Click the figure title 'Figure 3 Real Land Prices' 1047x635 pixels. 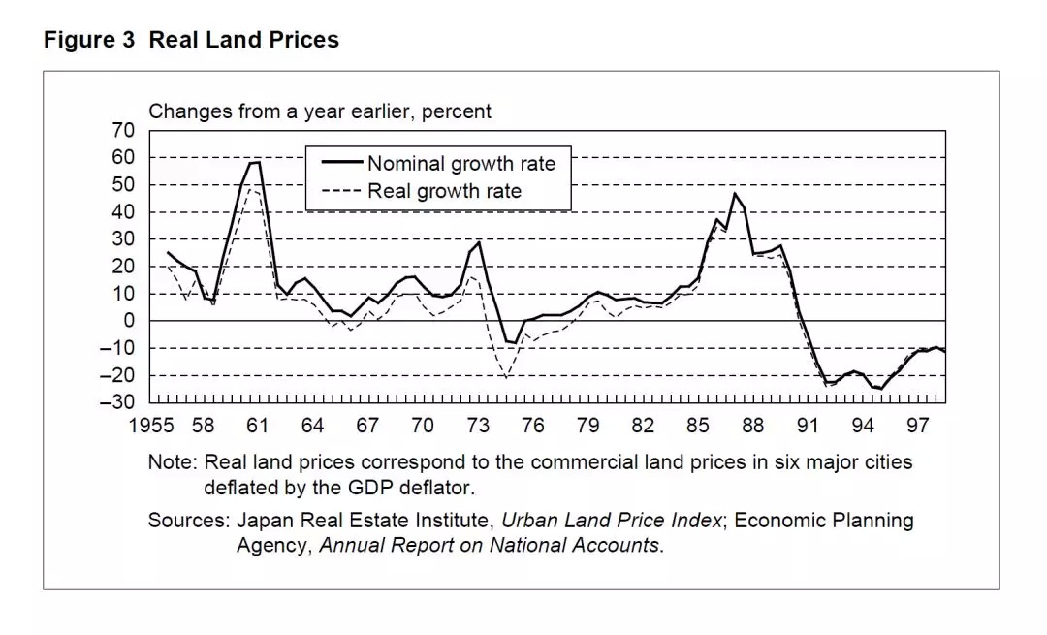point(191,41)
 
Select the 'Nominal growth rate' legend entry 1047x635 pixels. point(460,164)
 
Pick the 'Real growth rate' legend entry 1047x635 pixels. point(443,191)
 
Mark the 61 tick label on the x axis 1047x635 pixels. point(257,426)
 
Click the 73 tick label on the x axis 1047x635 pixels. point(477,426)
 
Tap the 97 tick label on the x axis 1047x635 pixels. point(917,426)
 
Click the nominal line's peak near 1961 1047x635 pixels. point(255,162)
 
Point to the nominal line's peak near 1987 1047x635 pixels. point(734,194)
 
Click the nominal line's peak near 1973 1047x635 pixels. point(479,242)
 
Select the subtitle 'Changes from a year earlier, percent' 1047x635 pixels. point(319,111)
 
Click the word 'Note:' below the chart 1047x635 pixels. point(172,462)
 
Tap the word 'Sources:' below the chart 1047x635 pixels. point(188,521)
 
